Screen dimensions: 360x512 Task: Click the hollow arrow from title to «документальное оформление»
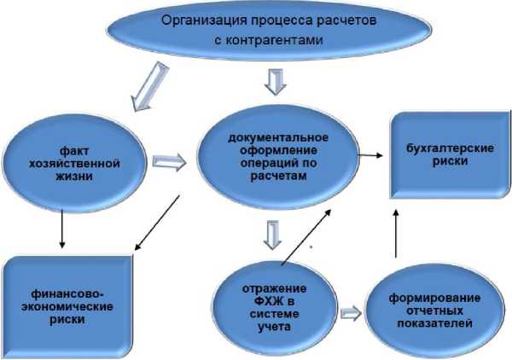pos(275,82)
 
